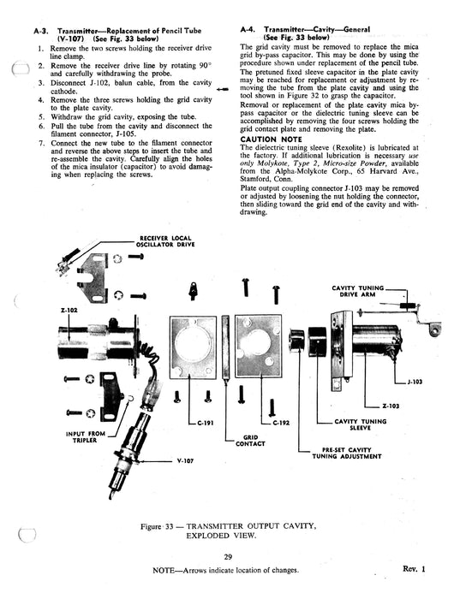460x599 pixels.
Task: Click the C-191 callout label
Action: pos(206,423)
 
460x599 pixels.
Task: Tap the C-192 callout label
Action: pos(281,423)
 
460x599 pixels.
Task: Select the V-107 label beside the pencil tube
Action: pos(186,460)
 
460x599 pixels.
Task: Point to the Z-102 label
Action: pos(69,310)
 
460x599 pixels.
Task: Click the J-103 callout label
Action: pos(415,382)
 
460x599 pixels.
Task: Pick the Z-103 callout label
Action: pos(391,406)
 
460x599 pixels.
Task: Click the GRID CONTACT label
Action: pos(250,441)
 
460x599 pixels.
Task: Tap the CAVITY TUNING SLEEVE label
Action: pos(360,424)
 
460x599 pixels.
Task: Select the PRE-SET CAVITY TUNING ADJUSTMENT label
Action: pos(347,453)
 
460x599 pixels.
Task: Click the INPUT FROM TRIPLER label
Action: pos(85,437)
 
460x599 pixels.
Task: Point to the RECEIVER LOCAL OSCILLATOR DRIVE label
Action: pos(165,241)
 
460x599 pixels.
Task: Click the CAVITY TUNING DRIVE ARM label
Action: pos(357,291)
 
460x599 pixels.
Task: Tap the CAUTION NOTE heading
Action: pos(271,139)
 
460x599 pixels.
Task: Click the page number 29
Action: pos(228,557)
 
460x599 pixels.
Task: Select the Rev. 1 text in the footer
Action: pos(414,569)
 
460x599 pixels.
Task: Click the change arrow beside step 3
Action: pos(223,89)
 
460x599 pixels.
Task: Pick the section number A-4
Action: pos(248,29)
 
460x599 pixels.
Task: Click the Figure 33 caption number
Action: pos(169,526)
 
